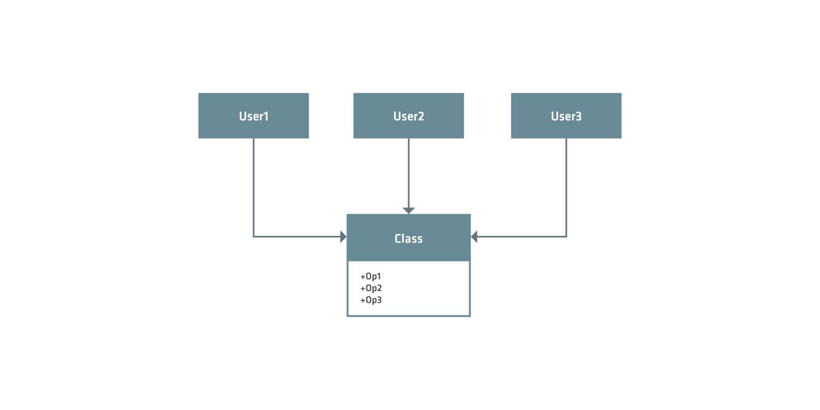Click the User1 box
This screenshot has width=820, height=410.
[x=253, y=116]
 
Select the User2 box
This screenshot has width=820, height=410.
[x=409, y=116]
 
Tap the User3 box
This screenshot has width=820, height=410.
[x=566, y=116]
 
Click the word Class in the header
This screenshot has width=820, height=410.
[x=409, y=238]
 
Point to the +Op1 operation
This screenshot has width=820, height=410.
[x=370, y=276]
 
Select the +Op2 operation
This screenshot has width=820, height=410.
[x=371, y=288]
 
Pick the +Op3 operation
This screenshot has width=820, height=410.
[x=371, y=300]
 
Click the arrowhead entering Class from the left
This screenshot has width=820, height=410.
[x=343, y=236]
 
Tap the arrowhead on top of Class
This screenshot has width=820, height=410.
[x=409, y=210]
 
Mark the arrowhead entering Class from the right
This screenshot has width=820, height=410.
[x=474, y=236]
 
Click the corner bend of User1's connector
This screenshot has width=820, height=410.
[x=253, y=236]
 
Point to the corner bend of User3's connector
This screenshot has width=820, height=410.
[x=566, y=236]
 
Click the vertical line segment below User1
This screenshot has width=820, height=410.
[x=253, y=188]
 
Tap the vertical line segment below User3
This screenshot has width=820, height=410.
[x=566, y=188]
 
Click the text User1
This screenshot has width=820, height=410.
[x=254, y=116]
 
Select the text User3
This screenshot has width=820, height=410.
[x=566, y=116]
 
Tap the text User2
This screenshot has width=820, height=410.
[x=409, y=116]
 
